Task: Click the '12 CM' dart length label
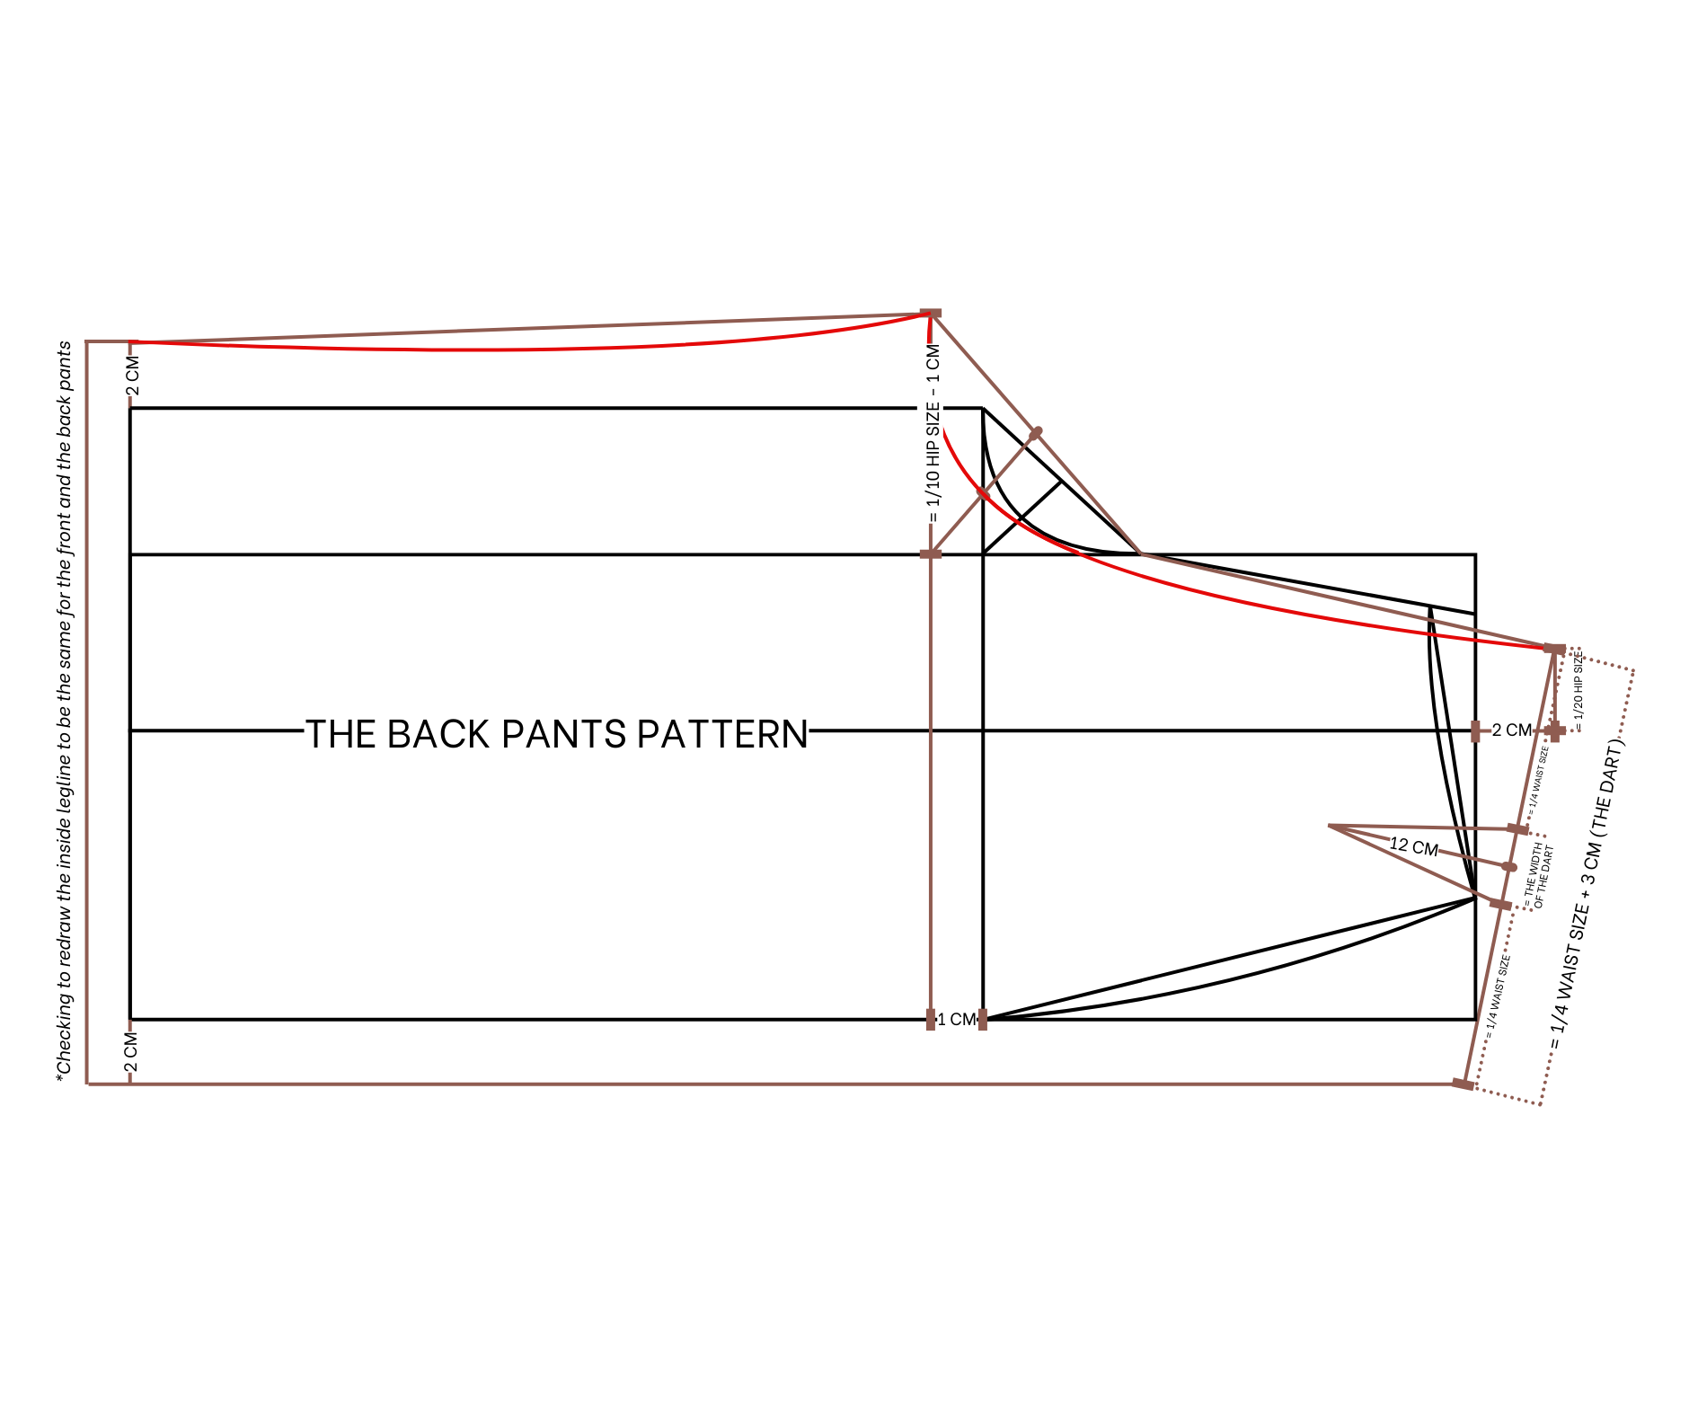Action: coord(1413,846)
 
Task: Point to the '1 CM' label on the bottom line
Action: coord(956,1020)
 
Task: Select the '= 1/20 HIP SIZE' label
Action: coord(1578,690)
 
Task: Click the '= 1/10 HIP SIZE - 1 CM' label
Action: coord(934,433)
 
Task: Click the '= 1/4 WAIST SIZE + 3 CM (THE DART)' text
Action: coord(1587,895)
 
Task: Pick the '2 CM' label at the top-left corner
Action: coord(133,376)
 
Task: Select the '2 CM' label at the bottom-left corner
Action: coord(132,1053)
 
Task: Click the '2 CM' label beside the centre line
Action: coord(1511,730)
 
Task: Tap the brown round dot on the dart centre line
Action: coord(1509,867)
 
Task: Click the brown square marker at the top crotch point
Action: coord(931,314)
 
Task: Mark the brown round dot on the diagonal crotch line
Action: coord(1036,433)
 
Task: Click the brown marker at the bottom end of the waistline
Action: coord(1463,1084)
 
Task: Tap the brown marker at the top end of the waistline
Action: coord(1554,649)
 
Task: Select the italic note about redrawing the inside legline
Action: coord(65,710)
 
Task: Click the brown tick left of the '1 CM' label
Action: coord(931,1020)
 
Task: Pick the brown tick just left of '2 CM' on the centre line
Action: coord(1475,730)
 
